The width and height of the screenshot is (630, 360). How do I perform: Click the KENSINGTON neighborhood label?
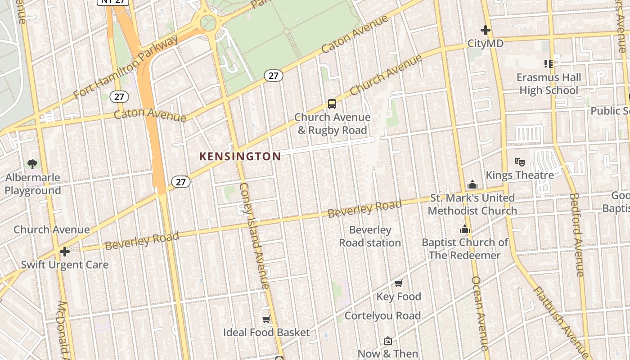pos(240,157)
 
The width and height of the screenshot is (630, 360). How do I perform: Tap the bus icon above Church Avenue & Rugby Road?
pos(332,104)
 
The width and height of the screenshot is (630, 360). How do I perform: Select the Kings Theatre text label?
pos(520,175)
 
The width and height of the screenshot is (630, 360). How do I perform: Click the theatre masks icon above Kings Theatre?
pos(520,162)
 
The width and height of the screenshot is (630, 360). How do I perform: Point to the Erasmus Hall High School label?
pos(549,84)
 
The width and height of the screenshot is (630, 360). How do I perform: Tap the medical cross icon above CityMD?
pos(485,30)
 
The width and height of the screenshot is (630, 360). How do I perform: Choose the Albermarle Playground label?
pos(32,184)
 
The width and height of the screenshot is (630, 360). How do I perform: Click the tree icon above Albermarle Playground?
pos(32,164)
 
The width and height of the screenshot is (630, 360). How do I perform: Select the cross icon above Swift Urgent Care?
pos(65,251)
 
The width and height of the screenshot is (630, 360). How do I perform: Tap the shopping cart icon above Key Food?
pos(398,283)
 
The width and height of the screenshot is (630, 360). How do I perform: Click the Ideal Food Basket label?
pos(266,333)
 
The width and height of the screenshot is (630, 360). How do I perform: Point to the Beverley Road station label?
pos(370,236)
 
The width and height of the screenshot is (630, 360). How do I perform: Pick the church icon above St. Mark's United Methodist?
pos(472,184)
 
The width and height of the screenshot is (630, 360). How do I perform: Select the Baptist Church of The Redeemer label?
pos(465,249)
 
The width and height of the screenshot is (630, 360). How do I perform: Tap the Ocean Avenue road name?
pos(479,313)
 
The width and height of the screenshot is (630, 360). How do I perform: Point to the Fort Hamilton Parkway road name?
pos(126,68)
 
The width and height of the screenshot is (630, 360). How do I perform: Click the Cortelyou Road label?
pos(382,316)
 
